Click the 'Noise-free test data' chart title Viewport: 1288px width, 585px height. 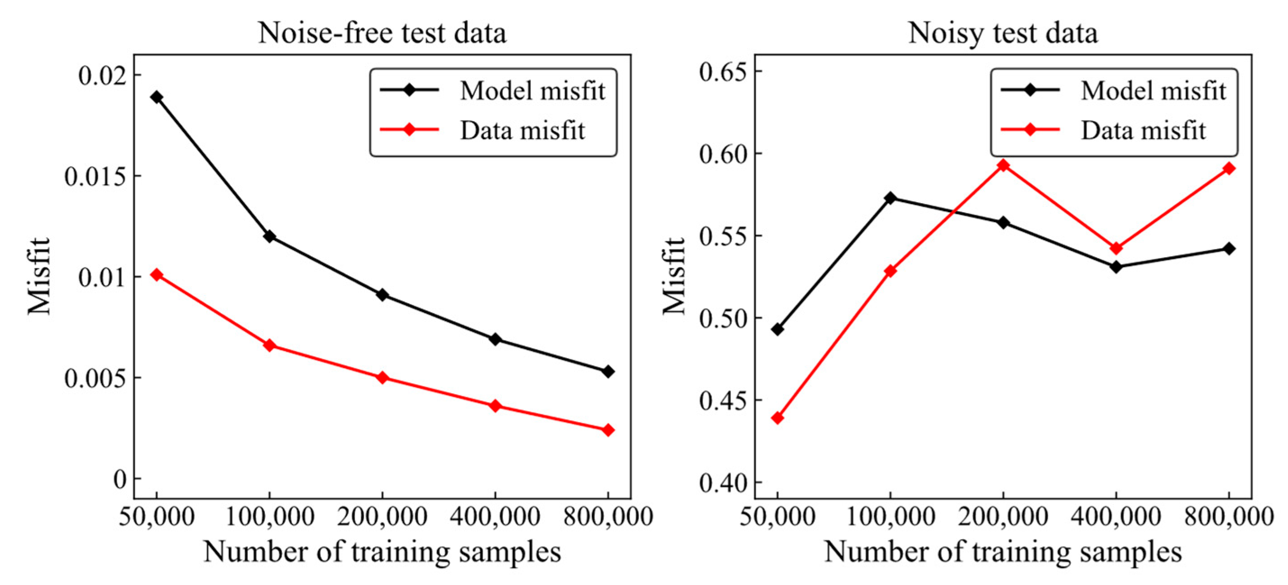[382, 33]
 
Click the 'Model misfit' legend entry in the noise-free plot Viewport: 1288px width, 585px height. [532, 91]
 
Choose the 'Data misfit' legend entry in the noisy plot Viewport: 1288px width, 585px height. [1143, 131]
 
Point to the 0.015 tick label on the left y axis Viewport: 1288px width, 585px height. [95, 177]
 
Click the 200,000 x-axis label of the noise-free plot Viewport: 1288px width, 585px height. [382, 516]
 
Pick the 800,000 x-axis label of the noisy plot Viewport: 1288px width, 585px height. [1229, 516]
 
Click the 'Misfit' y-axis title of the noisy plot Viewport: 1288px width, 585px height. [674, 276]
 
